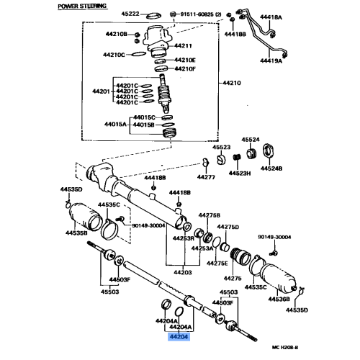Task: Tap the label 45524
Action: (x=251, y=139)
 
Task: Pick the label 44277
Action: (x=207, y=176)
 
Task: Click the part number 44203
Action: (x=181, y=272)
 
